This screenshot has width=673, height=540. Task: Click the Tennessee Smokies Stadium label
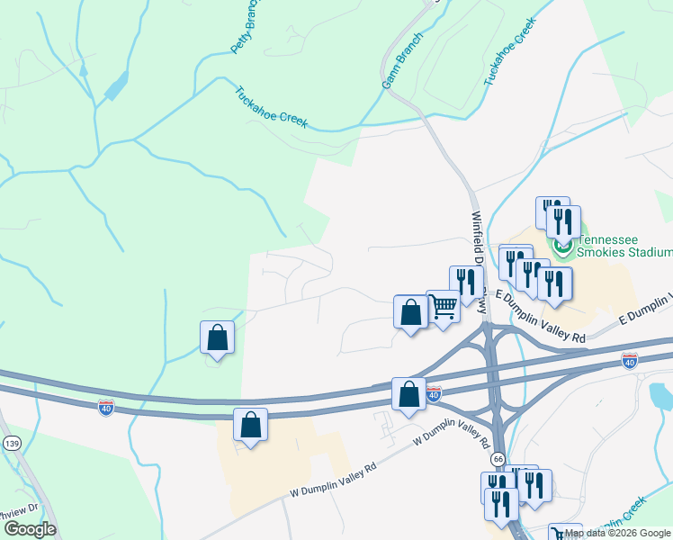pyautogui.click(x=624, y=246)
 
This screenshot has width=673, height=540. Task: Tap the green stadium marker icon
pyautogui.click(x=563, y=244)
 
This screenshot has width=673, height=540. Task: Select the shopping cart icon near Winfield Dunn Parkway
pyautogui.click(x=443, y=307)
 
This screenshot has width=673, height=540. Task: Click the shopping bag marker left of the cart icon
pyautogui.click(x=411, y=313)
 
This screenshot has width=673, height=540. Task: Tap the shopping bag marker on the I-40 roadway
pyautogui.click(x=409, y=394)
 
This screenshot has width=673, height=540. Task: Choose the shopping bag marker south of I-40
pyautogui.click(x=251, y=425)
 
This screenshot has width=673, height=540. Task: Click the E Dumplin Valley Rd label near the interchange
pyautogui.click(x=540, y=316)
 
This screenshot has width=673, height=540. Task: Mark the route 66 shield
pyautogui.click(x=498, y=459)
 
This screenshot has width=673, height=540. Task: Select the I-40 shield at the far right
pyautogui.click(x=630, y=360)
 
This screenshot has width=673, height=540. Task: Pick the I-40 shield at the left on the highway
pyautogui.click(x=105, y=408)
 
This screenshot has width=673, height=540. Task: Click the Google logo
pyautogui.click(x=30, y=528)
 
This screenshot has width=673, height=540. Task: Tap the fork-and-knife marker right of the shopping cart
pyautogui.click(x=466, y=282)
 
